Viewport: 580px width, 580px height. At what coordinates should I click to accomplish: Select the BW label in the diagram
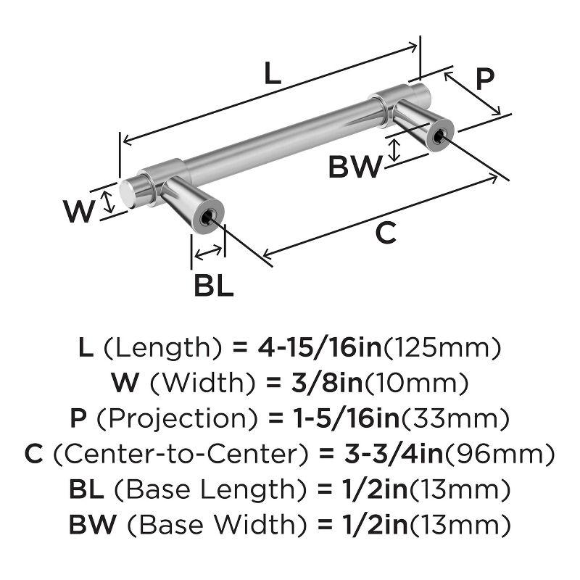click(x=355, y=168)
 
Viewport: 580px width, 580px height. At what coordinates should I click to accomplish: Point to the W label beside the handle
click(x=79, y=212)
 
